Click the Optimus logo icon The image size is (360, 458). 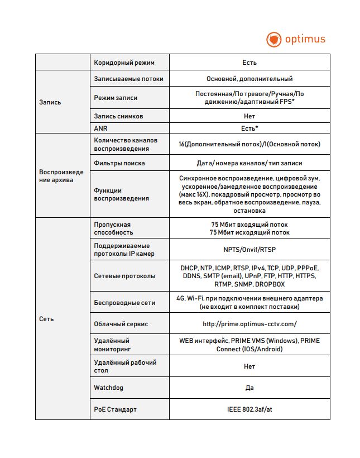tap(273, 40)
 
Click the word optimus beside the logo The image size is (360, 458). tap(305, 39)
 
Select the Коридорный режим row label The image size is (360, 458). tap(124, 63)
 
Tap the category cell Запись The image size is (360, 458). tap(50, 102)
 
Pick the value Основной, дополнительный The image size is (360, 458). tap(249, 79)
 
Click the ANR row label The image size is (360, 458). tap(100, 128)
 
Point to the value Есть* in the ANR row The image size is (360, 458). tap(249, 128)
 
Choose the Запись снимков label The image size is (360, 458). tap(119, 116)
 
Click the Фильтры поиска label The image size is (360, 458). tap(119, 163)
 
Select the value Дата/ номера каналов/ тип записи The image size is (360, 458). tap(249, 163)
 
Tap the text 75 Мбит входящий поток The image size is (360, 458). tap(249, 225)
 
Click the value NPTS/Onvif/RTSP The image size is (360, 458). tap(249, 250)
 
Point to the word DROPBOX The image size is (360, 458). tap(270, 284)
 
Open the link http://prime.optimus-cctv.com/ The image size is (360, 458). tap(249, 324)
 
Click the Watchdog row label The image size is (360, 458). tap(108, 387)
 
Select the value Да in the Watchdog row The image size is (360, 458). tap(249, 387)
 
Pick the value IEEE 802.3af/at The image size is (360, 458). tap(249, 409)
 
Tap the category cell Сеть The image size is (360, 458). tap(46, 319)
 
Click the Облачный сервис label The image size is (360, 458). tap(121, 324)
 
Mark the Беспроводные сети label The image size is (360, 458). tap(123, 303)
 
